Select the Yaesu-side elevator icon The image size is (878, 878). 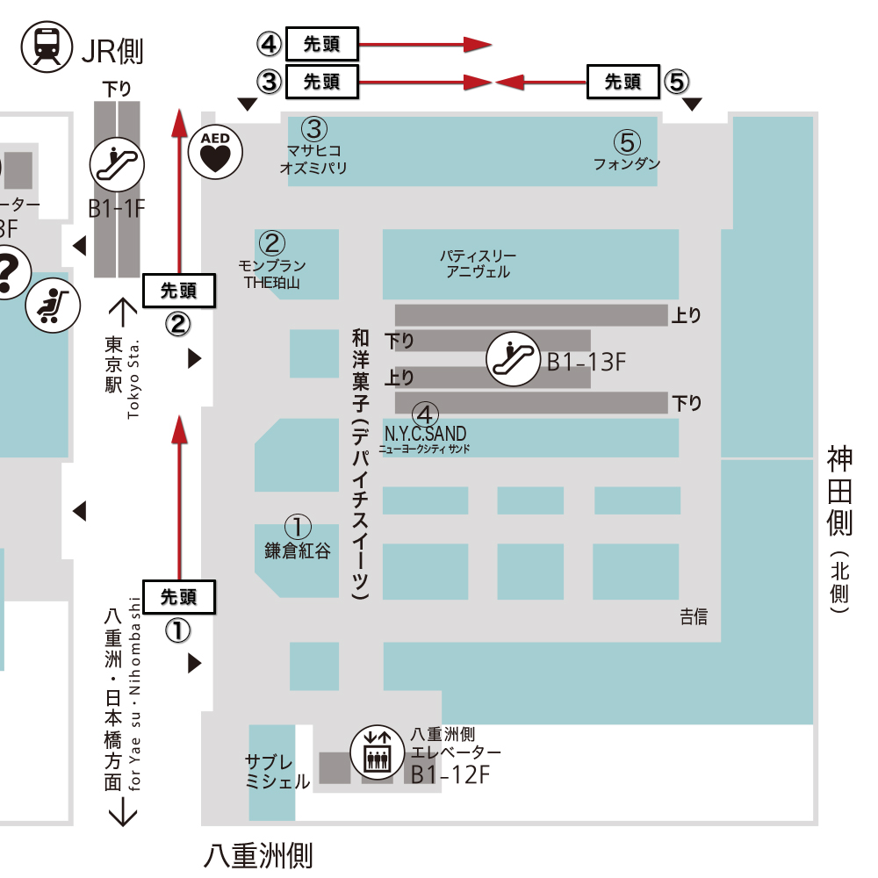point(378,752)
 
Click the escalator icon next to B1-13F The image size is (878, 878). point(515,358)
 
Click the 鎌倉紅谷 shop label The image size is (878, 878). point(298,551)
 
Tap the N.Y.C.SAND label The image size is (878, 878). point(425,434)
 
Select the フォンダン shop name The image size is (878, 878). point(627,163)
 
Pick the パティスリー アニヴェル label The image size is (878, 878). point(478,263)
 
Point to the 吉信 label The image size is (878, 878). point(694,617)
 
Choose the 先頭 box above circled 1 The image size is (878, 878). point(178,597)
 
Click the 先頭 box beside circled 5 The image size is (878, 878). point(623,83)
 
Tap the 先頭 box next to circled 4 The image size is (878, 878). point(321,42)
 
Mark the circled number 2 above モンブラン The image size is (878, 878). point(272,242)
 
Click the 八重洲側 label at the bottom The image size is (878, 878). point(258,854)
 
